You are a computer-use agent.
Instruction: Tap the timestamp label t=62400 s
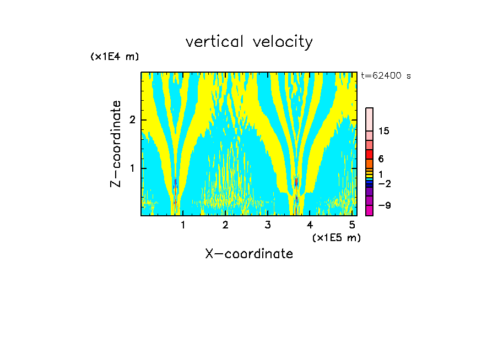pyautogui.click(x=386, y=76)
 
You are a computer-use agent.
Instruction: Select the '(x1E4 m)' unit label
pyautogui.click(x=115, y=56)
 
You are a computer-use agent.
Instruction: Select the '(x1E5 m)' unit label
pyautogui.click(x=336, y=237)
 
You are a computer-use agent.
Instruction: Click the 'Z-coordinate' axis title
pyautogui.click(x=116, y=144)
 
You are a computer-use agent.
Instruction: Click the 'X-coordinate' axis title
pyautogui.click(x=249, y=254)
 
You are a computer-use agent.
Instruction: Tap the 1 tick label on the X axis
pyautogui.click(x=183, y=225)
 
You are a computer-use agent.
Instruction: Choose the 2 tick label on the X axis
pyautogui.click(x=225, y=225)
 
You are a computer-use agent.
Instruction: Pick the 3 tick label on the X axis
pyautogui.click(x=267, y=225)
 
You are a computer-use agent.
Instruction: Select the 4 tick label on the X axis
pyautogui.click(x=310, y=225)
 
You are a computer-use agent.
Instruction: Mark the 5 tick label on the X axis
pyautogui.click(x=351, y=225)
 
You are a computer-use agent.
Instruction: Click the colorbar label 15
pyautogui.click(x=383, y=131)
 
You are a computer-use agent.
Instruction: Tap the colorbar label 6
pyautogui.click(x=381, y=159)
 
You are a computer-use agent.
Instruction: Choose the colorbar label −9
pyautogui.click(x=384, y=205)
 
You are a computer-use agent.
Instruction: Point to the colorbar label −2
pyautogui.click(x=384, y=183)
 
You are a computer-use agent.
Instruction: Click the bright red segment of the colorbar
pyautogui.click(x=369, y=154)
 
